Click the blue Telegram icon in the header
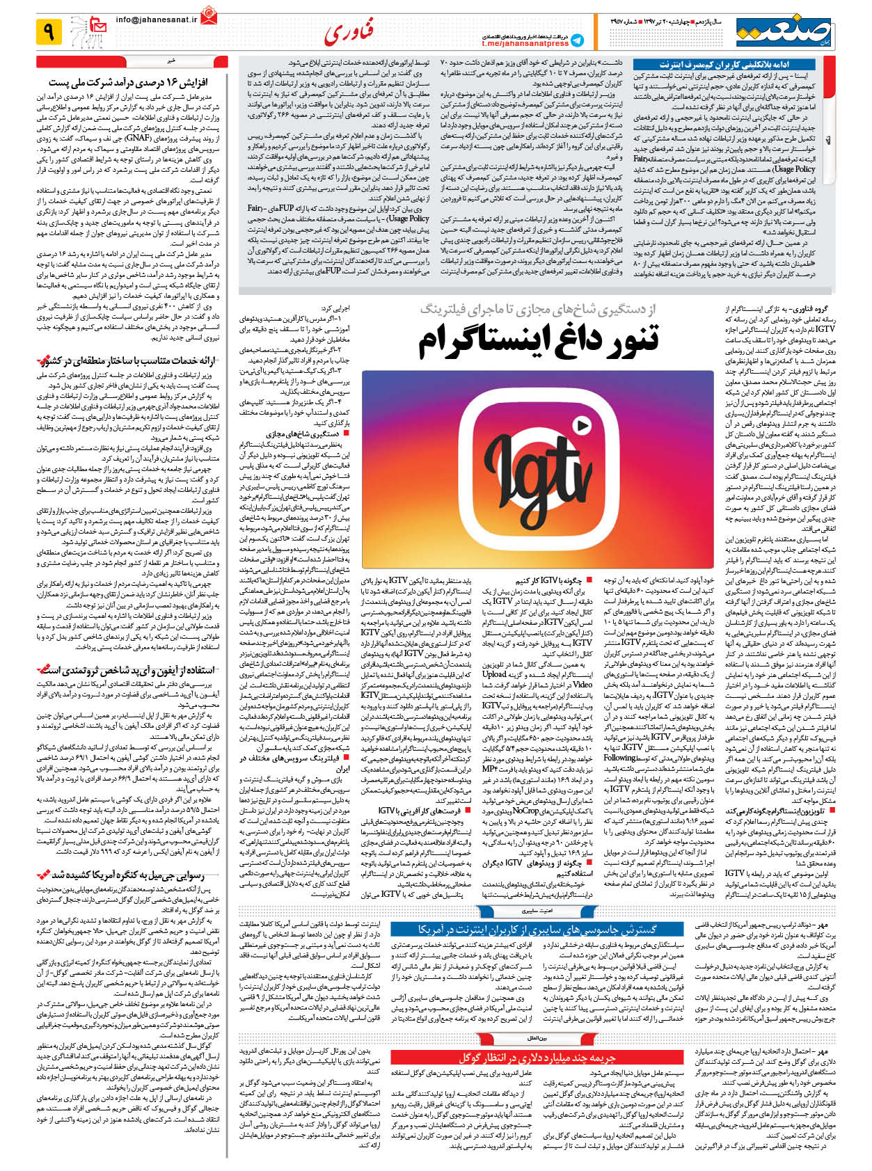[578, 40]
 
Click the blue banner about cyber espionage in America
[538, 930]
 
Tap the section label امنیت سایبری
[537, 909]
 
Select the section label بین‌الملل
[537, 1037]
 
